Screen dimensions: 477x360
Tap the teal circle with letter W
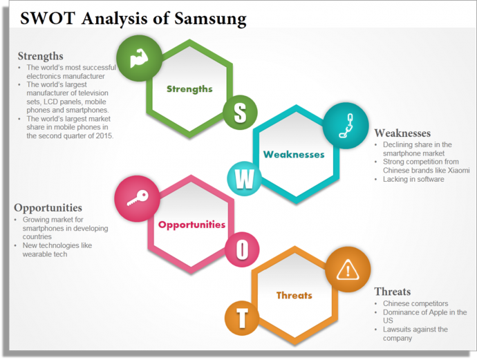(x=245, y=178)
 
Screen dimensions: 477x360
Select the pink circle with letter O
(x=242, y=249)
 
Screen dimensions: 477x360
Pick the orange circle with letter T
(x=241, y=318)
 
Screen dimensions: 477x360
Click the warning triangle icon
(x=347, y=269)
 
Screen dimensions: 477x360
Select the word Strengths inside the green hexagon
(x=189, y=88)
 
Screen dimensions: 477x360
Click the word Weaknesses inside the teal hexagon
(x=293, y=154)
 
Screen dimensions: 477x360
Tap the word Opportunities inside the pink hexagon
(x=191, y=225)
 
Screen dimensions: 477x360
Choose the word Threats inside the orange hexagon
(x=294, y=295)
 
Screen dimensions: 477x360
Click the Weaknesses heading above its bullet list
(x=402, y=133)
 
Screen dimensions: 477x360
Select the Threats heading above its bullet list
(x=392, y=291)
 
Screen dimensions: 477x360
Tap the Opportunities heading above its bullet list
(x=48, y=207)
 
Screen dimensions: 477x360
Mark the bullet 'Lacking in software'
(x=413, y=179)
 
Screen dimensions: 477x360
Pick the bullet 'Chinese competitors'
(x=415, y=303)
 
